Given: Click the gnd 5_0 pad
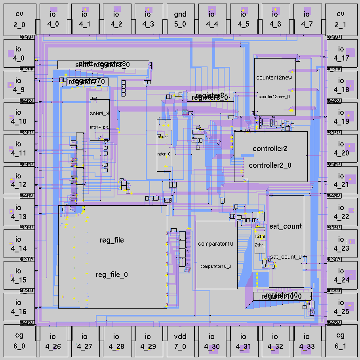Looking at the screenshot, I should pyautogui.click(x=180, y=19).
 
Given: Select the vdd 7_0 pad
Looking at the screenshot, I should pyautogui.click(x=180, y=341).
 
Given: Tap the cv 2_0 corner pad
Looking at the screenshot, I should pyautogui.click(x=19, y=19).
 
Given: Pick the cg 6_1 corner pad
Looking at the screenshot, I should pyautogui.click(x=340, y=341).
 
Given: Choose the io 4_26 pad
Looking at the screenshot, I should pyautogui.click(x=53, y=341).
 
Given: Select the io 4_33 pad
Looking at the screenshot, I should pyautogui.click(x=307, y=341).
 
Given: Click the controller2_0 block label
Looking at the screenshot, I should pyautogui.click(x=270, y=165).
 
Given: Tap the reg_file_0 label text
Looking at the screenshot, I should pyautogui.click(x=112, y=275).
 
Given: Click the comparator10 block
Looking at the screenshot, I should pyautogui.click(x=216, y=255).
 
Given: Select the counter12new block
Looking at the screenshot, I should pyautogui.click(x=275, y=87).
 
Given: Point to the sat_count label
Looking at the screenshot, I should pyautogui.click(x=286, y=226).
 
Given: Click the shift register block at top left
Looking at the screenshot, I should pyautogui.click(x=103, y=64).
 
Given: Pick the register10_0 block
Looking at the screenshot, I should pyautogui.click(x=282, y=296).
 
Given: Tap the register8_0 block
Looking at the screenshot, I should pyautogui.click(x=210, y=97).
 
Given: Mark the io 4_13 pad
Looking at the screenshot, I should pyautogui.click(x=19, y=212).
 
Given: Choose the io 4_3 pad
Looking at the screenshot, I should pyautogui.click(x=148, y=19).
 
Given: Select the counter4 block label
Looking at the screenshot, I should pyautogui.click(x=99, y=114).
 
